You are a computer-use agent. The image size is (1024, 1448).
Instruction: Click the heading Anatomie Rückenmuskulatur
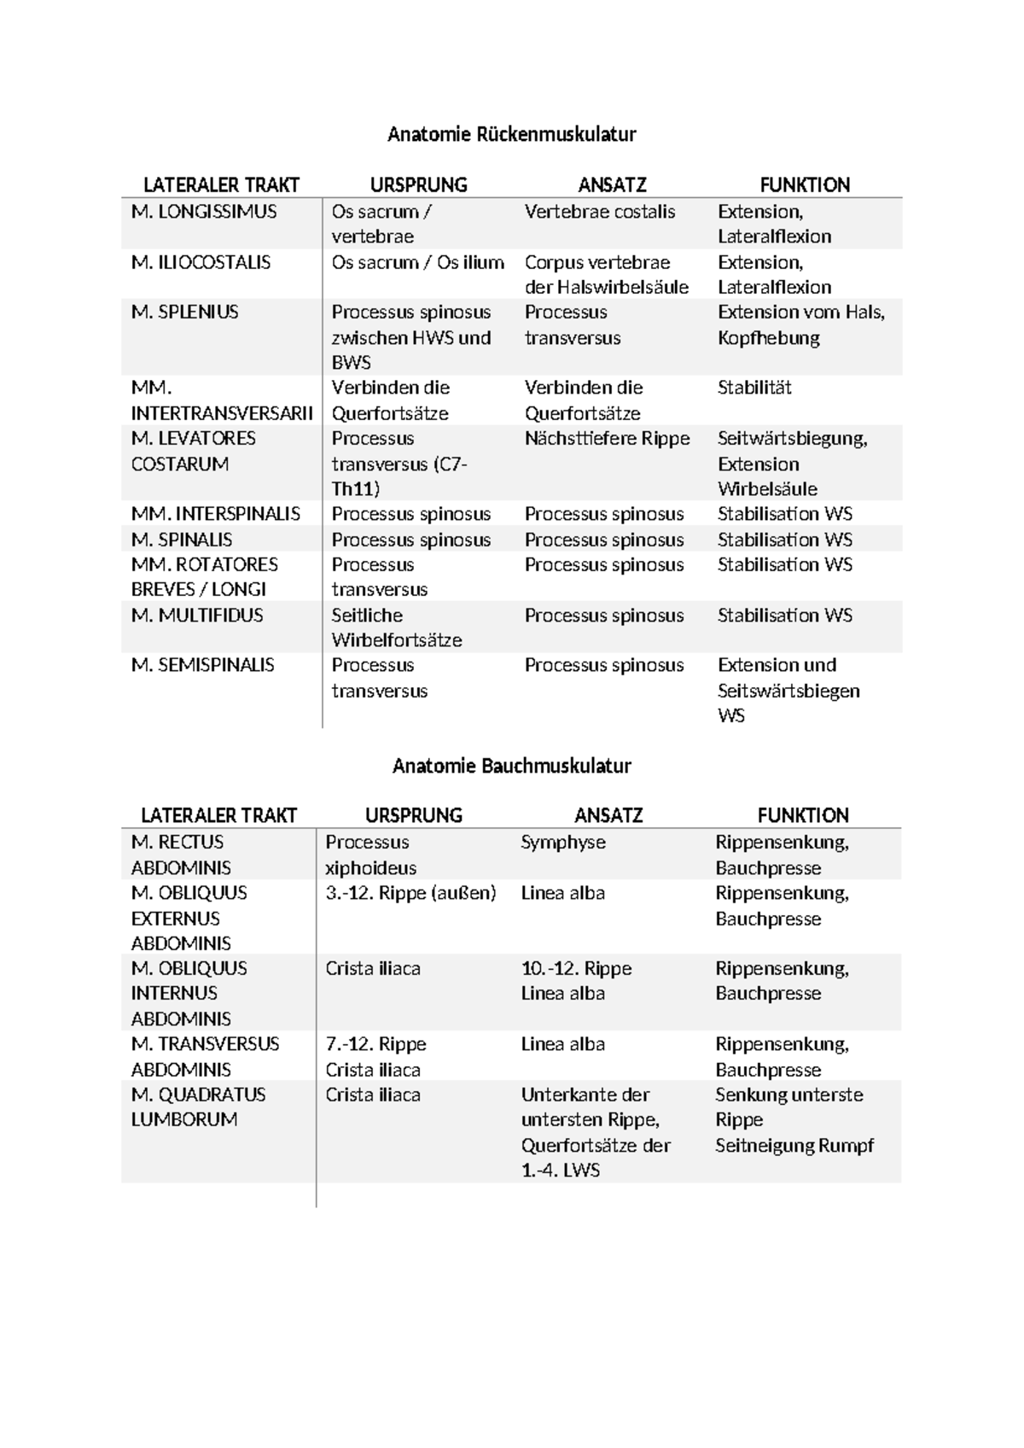[x=511, y=134]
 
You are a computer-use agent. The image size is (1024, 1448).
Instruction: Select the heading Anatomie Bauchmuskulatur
[x=511, y=766]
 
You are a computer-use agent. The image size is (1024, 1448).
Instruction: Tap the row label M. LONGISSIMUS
[x=204, y=212]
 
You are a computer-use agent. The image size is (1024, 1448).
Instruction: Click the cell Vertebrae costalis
[x=600, y=212]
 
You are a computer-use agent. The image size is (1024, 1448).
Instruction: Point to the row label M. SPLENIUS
[x=185, y=312]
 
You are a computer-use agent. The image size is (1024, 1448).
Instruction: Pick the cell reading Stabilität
[x=754, y=388]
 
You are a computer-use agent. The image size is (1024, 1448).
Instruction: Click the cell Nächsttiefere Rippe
[x=607, y=439]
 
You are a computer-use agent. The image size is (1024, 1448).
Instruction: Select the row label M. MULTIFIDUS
[x=197, y=616]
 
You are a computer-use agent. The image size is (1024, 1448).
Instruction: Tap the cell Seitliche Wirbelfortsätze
[x=396, y=628]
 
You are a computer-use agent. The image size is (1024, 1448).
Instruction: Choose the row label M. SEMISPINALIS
[x=203, y=665]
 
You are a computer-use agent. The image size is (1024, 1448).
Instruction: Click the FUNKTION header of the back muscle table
[x=805, y=185]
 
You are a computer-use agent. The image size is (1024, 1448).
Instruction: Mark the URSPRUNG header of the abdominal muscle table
[x=414, y=815]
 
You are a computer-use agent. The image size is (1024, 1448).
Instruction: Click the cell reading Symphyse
[x=563, y=843]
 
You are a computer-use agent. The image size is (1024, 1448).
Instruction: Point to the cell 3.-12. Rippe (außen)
[x=410, y=893]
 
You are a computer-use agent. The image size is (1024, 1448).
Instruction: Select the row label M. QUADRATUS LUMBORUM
[x=198, y=1106]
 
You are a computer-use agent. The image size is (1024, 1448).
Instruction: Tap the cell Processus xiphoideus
[x=370, y=855]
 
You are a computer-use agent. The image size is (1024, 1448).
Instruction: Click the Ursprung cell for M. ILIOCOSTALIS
[x=417, y=263]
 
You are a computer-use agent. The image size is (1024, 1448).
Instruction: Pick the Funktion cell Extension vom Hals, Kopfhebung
[x=800, y=325]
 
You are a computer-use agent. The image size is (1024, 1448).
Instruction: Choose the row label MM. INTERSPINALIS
[x=215, y=514]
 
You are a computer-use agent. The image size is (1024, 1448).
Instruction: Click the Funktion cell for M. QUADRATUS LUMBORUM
[x=794, y=1119]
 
